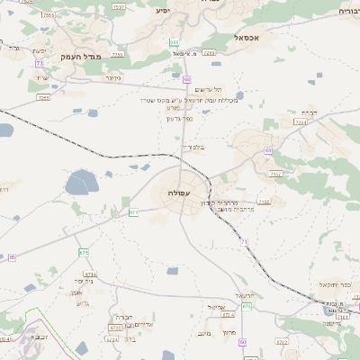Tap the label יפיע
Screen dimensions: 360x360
point(162,11)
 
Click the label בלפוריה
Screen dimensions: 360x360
point(193,147)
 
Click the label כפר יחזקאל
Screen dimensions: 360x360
point(334,284)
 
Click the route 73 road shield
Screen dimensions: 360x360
point(39,63)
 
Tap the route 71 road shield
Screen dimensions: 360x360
point(243,243)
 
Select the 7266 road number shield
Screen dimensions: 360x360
point(118,55)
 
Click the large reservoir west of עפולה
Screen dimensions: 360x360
point(80,184)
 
